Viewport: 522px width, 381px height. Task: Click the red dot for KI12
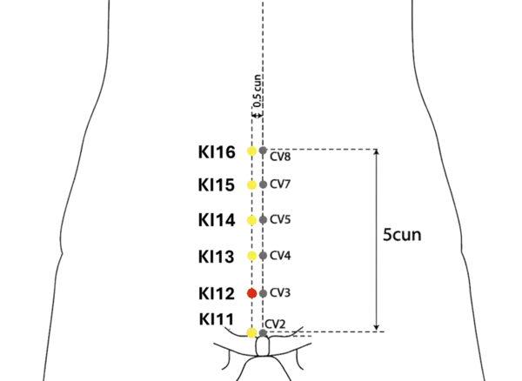tap(252, 293)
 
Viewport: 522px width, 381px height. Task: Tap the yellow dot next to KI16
tap(252, 151)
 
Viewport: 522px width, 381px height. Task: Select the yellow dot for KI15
tap(252, 184)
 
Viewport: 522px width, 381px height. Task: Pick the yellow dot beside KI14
tap(252, 220)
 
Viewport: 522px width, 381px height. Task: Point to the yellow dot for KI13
tap(252, 256)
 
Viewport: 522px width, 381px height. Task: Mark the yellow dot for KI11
tap(251, 333)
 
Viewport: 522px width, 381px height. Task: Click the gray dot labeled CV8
tap(263, 150)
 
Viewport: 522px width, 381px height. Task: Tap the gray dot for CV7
tap(263, 184)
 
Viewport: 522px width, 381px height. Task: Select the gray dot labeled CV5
tap(263, 219)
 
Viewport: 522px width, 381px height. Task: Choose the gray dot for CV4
tap(263, 256)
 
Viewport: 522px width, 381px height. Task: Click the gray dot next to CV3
tap(263, 293)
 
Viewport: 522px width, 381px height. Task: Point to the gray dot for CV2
tap(263, 333)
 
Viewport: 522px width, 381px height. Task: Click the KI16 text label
tap(217, 152)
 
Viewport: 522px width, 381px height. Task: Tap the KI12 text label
tap(217, 294)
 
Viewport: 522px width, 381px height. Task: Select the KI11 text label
tap(217, 319)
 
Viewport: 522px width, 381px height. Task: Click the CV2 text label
tap(275, 324)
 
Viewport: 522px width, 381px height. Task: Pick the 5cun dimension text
tap(402, 235)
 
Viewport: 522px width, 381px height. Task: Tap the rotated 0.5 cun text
tap(258, 90)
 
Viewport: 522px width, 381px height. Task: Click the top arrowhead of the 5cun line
tap(377, 152)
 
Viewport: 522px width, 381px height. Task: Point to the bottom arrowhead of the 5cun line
tap(377, 328)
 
